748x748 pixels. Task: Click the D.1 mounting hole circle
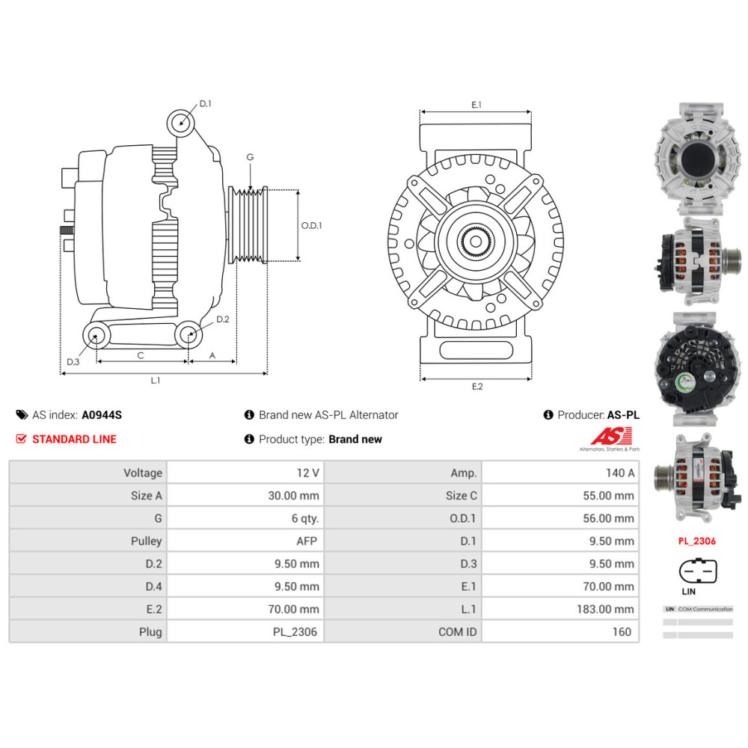click(x=180, y=121)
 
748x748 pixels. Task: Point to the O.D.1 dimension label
click(x=311, y=225)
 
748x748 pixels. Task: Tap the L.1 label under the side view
click(x=156, y=381)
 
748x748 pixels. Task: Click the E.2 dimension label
click(x=476, y=387)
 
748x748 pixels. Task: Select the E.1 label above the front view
click(x=476, y=105)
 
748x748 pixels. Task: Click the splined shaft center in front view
click(x=476, y=241)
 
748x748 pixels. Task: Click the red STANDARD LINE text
click(x=74, y=439)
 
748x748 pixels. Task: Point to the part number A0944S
click(x=101, y=414)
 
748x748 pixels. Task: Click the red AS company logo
click(x=611, y=437)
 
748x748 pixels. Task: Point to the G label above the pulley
click(x=250, y=157)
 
